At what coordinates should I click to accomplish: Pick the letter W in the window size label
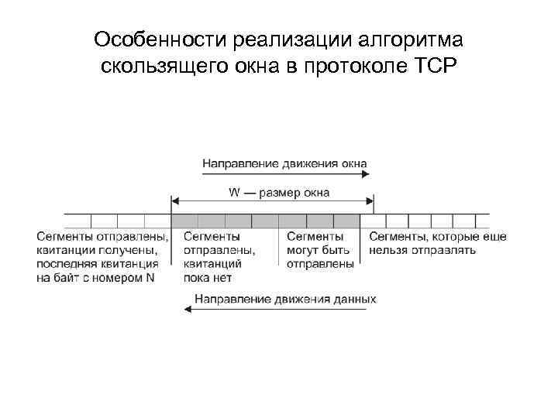point(232,193)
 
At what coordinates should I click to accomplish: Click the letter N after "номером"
point(150,278)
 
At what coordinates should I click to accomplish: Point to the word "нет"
point(232,278)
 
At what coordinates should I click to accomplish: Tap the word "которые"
point(452,236)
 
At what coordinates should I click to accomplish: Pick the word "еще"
point(494,236)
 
